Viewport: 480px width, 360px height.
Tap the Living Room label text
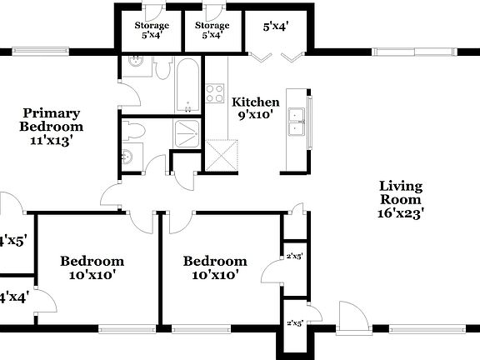pyautogui.click(x=400, y=192)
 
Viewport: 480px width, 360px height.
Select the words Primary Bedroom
pyautogui.click(x=52, y=120)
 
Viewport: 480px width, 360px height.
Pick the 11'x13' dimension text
pyautogui.click(x=52, y=141)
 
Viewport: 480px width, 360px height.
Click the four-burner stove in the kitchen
pyautogui.click(x=215, y=92)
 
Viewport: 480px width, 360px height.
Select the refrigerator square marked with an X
pyautogui.click(x=223, y=156)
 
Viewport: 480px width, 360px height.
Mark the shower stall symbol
pyautogui.click(x=187, y=132)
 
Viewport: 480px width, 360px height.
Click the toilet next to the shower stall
pyautogui.click(x=135, y=130)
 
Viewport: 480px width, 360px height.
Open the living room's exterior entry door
pyautogui.click(x=351, y=320)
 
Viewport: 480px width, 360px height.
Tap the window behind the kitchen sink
pyautogui.click(x=309, y=123)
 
